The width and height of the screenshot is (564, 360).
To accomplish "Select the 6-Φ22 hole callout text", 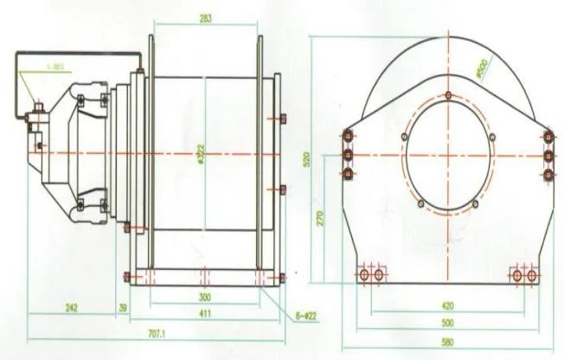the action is (x=306, y=317).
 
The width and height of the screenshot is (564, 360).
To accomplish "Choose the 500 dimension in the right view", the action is (x=448, y=322).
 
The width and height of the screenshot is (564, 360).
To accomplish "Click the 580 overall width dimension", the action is (x=448, y=342).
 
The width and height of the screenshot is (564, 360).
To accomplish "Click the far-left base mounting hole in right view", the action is (x=363, y=274).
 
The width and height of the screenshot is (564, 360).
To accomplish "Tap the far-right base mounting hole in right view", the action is (x=533, y=274).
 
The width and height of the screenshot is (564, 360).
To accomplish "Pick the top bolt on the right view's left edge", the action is (x=348, y=136).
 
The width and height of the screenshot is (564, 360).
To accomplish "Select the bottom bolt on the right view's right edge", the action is (x=549, y=174).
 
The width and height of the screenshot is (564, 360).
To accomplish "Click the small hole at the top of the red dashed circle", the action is (x=448, y=94).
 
